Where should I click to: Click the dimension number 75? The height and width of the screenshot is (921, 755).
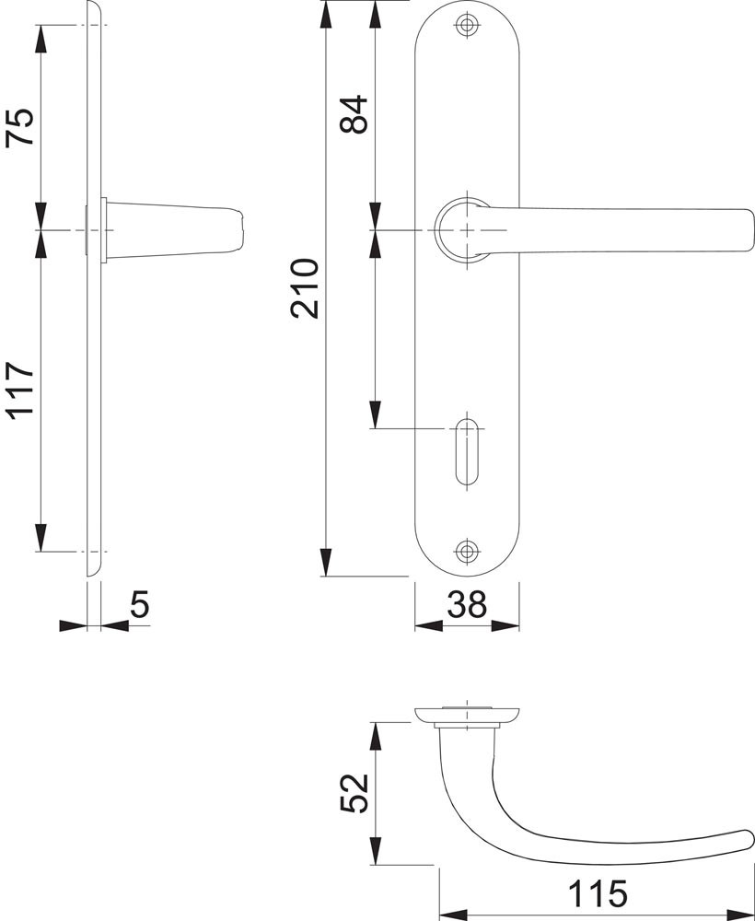tap(20, 126)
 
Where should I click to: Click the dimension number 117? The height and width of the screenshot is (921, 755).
tap(20, 391)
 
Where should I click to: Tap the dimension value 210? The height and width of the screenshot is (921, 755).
tap(305, 288)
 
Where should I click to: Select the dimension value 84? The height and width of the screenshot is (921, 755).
tap(354, 114)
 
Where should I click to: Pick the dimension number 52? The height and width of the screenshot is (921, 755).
tap(354, 793)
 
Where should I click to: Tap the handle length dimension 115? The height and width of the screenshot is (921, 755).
tap(598, 893)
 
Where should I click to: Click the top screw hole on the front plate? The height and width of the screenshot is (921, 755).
tap(467, 25)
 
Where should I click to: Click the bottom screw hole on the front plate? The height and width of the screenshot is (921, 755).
tap(467, 551)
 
